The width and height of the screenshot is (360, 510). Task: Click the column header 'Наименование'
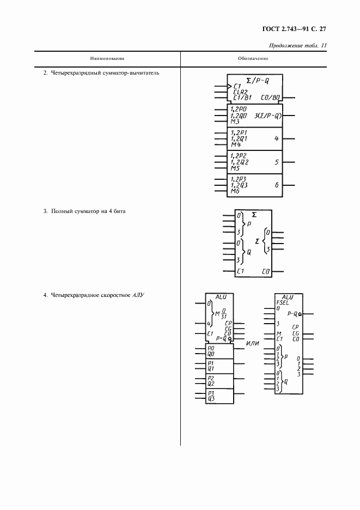click(x=107, y=58)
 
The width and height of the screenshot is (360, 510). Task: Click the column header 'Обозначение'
click(x=253, y=58)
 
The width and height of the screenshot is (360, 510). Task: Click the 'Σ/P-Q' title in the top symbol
click(x=257, y=80)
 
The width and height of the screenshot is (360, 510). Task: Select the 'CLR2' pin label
click(x=240, y=92)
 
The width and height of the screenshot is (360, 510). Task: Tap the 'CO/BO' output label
click(x=270, y=98)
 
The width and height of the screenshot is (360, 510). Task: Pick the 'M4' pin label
click(x=236, y=144)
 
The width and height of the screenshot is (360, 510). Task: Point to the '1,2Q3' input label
click(x=239, y=185)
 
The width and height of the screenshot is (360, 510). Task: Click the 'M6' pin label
click(x=235, y=191)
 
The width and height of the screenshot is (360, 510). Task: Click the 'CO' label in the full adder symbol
click(x=266, y=271)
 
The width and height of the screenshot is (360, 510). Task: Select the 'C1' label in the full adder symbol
click(x=240, y=271)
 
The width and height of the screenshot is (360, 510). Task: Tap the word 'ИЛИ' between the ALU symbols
click(x=252, y=343)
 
